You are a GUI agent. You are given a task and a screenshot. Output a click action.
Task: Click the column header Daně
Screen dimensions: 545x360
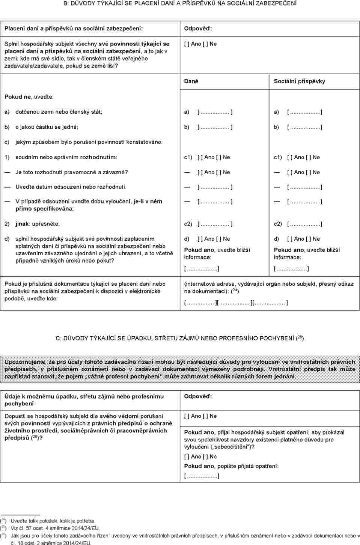(191, 81)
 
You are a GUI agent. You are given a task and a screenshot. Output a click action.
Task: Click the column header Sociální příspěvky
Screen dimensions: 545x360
(299, 81)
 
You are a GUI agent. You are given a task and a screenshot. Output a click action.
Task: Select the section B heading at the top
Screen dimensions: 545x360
(180, 3)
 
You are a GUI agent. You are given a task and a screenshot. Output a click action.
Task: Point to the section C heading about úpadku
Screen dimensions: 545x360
(180, 338)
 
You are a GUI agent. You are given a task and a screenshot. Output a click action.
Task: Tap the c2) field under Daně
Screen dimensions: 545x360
(215, 224)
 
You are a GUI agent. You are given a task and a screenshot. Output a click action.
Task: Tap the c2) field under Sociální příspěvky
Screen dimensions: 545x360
(304, 224)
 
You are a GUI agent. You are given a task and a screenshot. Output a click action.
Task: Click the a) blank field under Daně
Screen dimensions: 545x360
(215, 112)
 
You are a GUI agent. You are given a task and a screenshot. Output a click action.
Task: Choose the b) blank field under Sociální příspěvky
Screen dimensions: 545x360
(304, 127)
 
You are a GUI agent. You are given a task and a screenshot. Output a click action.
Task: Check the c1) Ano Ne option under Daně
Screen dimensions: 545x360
(214, 157)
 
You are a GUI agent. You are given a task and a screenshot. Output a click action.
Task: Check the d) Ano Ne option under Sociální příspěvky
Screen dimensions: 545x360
(303, 239)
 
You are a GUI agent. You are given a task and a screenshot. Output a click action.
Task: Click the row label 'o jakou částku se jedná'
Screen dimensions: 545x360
(47, 127)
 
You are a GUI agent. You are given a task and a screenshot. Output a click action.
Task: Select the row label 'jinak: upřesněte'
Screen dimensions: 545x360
(37, 224)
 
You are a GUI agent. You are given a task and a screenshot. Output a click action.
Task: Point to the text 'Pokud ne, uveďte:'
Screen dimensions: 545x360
(29, 97)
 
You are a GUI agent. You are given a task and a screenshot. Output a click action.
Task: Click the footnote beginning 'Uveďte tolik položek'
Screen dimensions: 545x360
(53, 521)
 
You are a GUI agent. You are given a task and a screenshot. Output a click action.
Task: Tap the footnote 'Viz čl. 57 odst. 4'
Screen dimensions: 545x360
(55, 528)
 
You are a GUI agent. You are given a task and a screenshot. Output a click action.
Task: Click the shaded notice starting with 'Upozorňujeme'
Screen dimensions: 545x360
(180, 369)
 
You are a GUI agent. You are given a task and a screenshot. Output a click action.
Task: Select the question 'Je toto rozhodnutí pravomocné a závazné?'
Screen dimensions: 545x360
(71, 172)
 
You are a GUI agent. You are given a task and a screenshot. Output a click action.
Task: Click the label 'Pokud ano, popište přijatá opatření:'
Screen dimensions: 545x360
(231, 466)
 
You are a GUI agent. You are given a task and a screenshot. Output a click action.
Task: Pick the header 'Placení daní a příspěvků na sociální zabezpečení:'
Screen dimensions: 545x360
(74, 29)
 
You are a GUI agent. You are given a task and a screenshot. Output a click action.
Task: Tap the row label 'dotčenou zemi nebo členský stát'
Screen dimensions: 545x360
(59, 112)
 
